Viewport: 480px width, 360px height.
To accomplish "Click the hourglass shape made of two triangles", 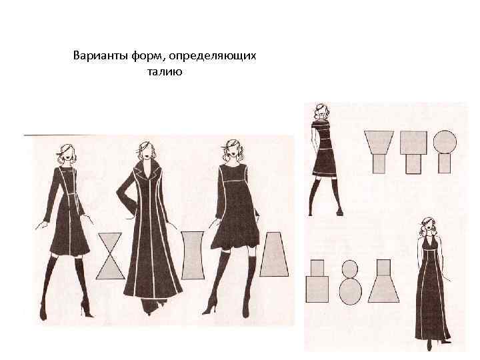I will click(x=110, y=255).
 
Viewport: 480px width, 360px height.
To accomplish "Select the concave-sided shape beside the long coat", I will click(x=192, y=255).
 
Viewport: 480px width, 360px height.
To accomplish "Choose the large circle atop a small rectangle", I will click(x=445, y=142).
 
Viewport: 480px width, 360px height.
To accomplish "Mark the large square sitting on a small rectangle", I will click(x=413, y=143).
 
